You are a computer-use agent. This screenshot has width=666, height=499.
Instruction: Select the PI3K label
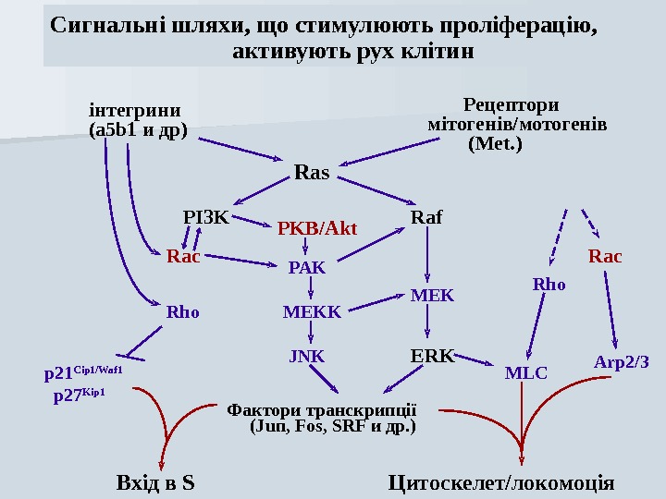coord(205,218)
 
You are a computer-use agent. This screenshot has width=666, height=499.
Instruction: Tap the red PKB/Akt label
coord(317,227)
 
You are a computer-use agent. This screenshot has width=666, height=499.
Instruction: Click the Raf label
coord(426,218)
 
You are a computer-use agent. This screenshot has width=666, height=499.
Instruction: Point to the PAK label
coord(307,268)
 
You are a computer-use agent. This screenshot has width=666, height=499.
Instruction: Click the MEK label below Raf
coord(432,296)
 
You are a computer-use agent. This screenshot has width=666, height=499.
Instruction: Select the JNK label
coord(307,355)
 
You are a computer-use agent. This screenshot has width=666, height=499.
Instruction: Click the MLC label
coord(525,373)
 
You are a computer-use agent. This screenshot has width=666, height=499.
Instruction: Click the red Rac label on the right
coord(605,256)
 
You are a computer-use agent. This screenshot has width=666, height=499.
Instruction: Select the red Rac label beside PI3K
coord(183,256)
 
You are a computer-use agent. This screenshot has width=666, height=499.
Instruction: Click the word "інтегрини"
coord(134,110)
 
